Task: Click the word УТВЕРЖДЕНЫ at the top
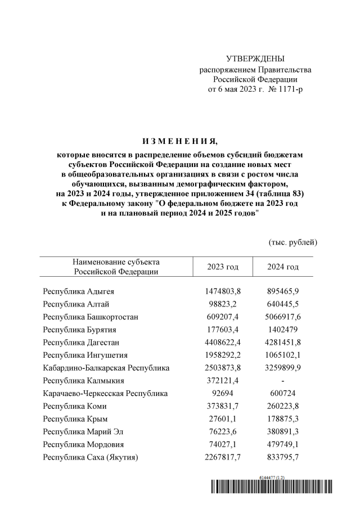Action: coord(255,59)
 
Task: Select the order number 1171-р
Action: coord(286,89)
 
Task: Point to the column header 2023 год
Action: coord(223,267)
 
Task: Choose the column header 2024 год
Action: coord(283,267)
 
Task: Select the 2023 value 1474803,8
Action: coord(223,291)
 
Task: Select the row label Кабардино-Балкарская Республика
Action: coord(106,368)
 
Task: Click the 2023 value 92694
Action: coord(223,393)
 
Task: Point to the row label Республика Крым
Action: coord(75,418)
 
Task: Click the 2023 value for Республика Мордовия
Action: coord(223,444)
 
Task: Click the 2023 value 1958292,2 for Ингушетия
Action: coord(223,355)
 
